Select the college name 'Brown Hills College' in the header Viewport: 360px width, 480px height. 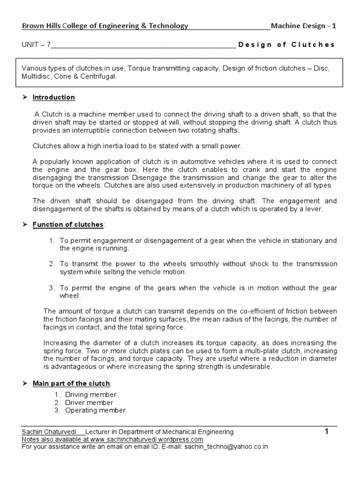coord(56,26)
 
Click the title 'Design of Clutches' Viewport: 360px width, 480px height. coord(286,45)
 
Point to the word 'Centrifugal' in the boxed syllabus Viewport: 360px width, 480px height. coord(98,77)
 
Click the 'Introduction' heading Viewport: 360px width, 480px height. coord(53,97)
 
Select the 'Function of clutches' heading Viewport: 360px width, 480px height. coord(68,225)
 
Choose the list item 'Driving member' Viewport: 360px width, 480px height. coord(90,395)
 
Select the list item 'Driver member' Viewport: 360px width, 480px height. coord(89,403)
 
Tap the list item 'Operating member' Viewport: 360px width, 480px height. coord(95,411)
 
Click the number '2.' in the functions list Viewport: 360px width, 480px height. coord(52,264)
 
